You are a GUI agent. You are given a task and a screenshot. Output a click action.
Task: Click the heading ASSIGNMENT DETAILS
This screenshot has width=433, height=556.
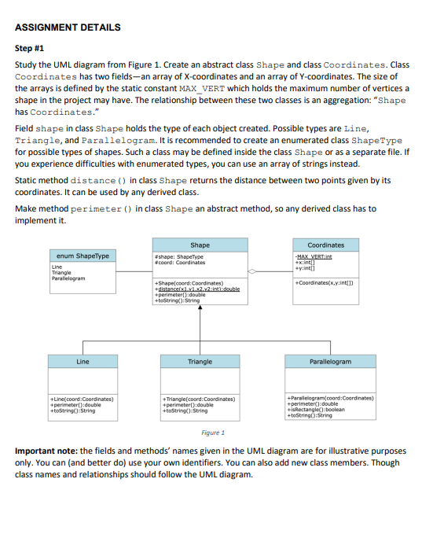point(68,28)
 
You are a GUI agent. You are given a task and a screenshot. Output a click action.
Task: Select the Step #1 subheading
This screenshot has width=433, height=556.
point(32,48)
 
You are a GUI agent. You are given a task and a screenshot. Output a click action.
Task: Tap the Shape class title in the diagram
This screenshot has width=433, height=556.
point(200,245)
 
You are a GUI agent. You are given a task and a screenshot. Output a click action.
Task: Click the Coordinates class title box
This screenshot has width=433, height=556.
point(325,245)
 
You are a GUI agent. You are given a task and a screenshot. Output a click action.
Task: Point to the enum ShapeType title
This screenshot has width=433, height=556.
point(83,256)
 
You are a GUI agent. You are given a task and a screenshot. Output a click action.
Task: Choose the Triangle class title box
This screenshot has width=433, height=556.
point(200,362)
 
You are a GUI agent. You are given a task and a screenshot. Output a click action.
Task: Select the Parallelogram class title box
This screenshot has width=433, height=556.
point(329,362)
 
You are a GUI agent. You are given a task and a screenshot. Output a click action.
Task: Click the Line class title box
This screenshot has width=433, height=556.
point(83,362)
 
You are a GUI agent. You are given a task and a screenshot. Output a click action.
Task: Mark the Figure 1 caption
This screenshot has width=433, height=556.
point(213,433)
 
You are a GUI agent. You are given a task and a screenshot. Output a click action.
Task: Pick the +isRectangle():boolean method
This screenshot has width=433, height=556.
point(321,410)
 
